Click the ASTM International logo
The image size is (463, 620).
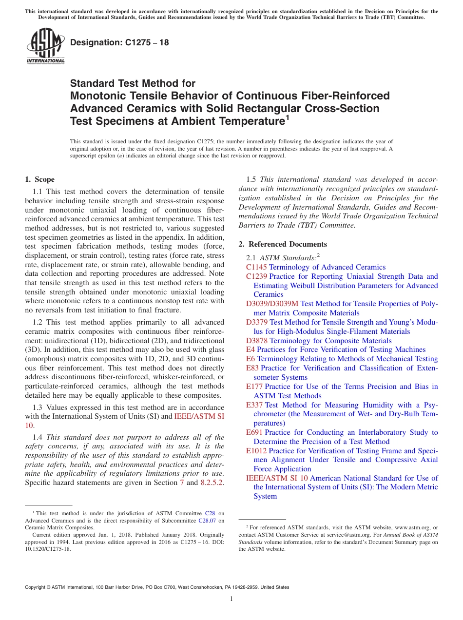coord(45,46)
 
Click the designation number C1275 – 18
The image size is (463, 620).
coord(119,42)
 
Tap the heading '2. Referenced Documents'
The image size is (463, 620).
coord(283,244)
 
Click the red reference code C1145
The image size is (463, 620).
coord(256,267)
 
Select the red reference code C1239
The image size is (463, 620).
coord(256,276)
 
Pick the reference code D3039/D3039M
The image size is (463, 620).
coord(272,304)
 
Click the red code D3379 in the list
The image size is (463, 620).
coord(256,322)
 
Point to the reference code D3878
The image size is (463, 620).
coord(256,341)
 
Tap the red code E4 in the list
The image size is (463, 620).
coord(251,349)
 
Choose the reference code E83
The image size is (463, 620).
coord(252,368)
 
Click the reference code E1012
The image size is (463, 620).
coord(256,451)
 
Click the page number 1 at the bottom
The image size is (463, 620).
coord(231,599)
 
